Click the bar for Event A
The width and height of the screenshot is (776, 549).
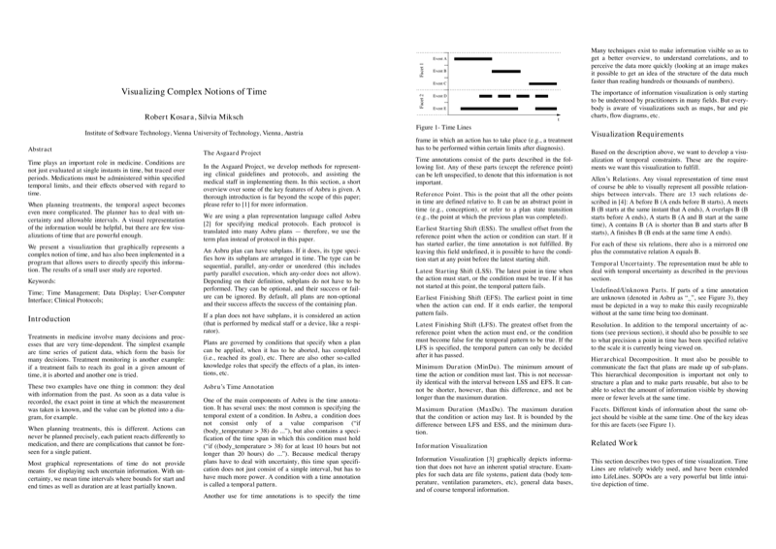point(474,59)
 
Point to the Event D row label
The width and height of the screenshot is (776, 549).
point(439,95)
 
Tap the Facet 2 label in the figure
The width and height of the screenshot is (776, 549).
point(422,101)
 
